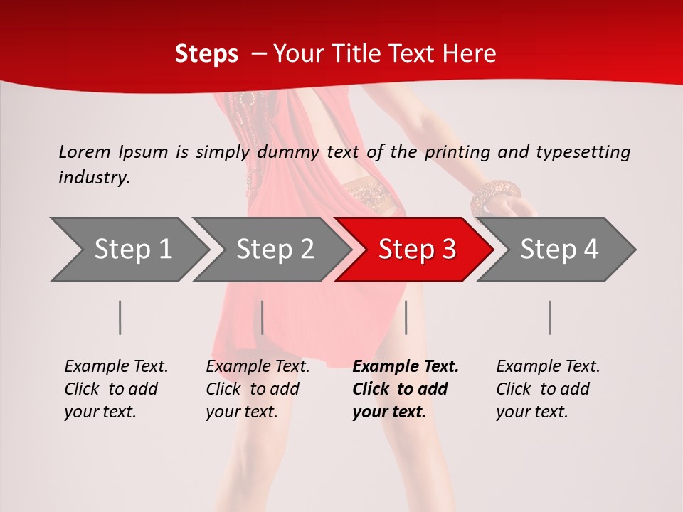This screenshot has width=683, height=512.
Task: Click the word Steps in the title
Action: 206,53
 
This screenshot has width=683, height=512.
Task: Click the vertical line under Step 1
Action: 120,317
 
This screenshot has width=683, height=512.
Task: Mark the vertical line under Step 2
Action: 263,317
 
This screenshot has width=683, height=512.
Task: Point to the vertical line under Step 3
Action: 406,317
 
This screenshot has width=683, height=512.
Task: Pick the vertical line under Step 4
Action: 550,317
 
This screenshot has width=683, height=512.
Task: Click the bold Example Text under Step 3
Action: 406,367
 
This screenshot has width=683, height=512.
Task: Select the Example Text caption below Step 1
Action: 116,367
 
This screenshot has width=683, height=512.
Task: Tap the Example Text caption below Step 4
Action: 548,367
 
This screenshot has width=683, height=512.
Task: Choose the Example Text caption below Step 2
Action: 258,367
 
